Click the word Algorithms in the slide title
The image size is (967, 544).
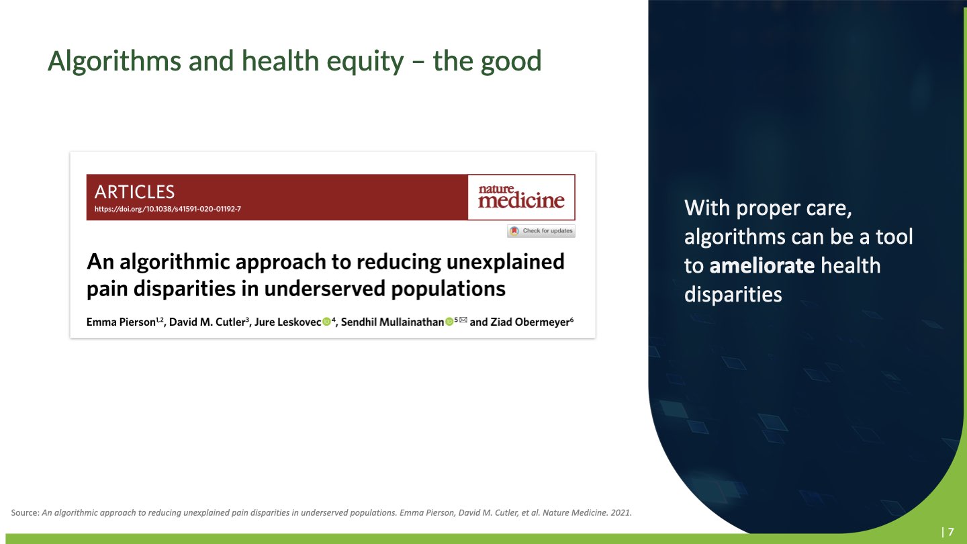(114, 61)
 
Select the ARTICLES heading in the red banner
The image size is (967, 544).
(135, 192)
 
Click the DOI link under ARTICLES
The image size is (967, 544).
(168, 209)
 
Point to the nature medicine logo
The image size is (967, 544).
(521, 197)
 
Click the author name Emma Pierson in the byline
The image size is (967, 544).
(121, 322)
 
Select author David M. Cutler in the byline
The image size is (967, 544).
(208, 322)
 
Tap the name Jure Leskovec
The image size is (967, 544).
(287, 322)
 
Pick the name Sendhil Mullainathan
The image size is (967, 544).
(392, 322)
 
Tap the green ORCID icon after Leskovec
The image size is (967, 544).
(327, 322)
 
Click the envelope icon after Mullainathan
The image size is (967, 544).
(463, 320)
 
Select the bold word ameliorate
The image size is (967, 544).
(762, 265)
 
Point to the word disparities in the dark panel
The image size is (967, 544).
(733, 294)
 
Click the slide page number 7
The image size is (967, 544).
(951, 532)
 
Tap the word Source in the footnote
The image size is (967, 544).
(24, 513)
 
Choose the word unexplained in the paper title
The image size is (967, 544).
(505, 262)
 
